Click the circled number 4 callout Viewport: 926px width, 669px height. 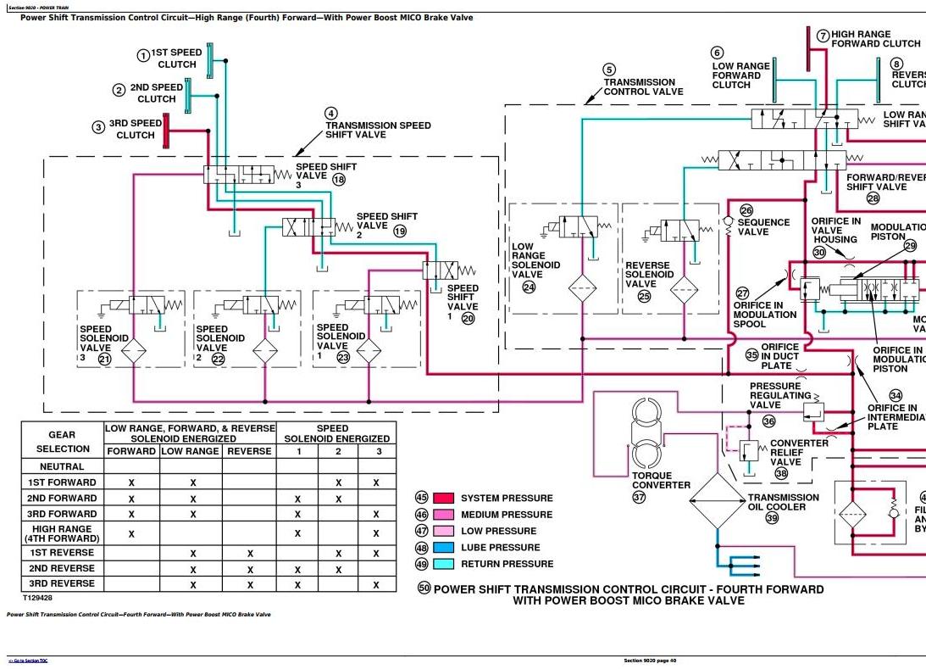(331, 113)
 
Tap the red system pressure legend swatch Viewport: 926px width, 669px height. (445, 499)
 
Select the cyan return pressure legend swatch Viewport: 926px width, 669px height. (445, 564)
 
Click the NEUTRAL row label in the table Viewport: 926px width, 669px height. (63, 466)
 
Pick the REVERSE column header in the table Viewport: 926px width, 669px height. (249, 451)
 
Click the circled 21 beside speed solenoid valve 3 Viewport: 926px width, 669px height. (104, 359)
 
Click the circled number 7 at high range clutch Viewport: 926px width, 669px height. (823, 36)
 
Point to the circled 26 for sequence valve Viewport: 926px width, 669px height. (746, 211)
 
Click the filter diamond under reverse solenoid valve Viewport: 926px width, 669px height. (684, 289)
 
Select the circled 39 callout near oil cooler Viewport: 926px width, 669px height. (772, 518)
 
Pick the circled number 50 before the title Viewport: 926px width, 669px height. (424, 588)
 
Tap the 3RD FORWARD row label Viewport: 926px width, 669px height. (63, 514)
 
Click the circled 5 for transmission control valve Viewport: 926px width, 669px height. (609, 70)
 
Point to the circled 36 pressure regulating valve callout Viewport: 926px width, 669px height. (769, 421)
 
